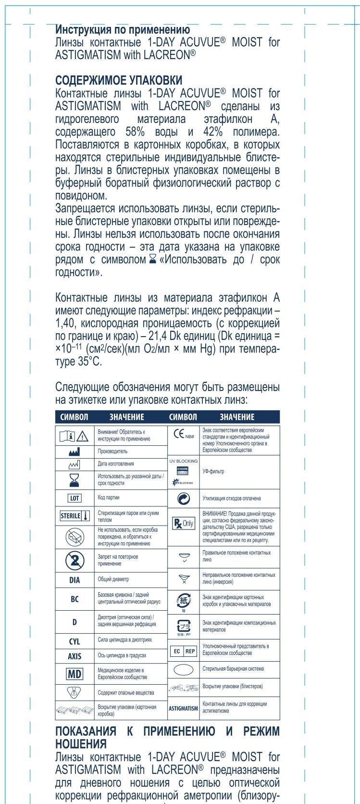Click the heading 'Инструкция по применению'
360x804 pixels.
123,30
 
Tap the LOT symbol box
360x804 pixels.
74,498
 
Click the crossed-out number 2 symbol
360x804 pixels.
74,559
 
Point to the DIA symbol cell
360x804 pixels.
74,580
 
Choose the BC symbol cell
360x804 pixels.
74,599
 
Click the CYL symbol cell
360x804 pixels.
74,641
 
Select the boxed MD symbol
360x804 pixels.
74,674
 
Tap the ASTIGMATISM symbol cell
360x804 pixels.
183,708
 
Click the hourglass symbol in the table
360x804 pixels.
74,479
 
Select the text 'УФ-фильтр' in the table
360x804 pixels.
214,472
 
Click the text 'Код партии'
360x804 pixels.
109,498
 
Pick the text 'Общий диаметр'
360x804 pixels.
113,580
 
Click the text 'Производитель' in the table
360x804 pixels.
113,452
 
